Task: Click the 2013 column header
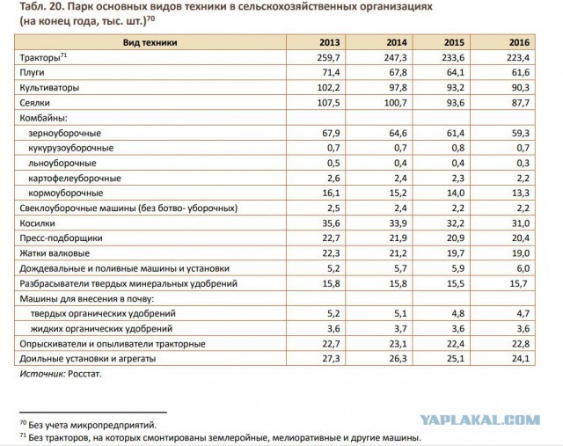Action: pos(329,42)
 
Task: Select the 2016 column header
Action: pos(519,42)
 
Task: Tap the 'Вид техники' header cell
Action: pos(150,42)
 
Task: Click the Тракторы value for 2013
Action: pos(328,57)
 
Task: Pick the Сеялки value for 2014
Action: pos(395,103)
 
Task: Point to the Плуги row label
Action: pos(32,72)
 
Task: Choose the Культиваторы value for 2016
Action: pos(520,88)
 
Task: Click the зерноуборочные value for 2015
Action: pos(456,133)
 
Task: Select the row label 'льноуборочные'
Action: pos(62,164)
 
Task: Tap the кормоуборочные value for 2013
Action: pos(331,194)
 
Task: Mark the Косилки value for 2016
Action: pos(521,223)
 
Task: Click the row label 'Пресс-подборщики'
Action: pos(61,238)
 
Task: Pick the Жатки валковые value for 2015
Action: pos(456,253)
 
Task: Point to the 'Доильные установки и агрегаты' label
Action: pos(88,358)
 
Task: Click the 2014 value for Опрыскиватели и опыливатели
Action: pos(398,344)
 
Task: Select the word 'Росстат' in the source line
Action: pos(84,374)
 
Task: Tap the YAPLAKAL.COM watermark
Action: pos(480,420)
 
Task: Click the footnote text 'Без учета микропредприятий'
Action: pos(92,425)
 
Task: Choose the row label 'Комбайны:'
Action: pos(43,118)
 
